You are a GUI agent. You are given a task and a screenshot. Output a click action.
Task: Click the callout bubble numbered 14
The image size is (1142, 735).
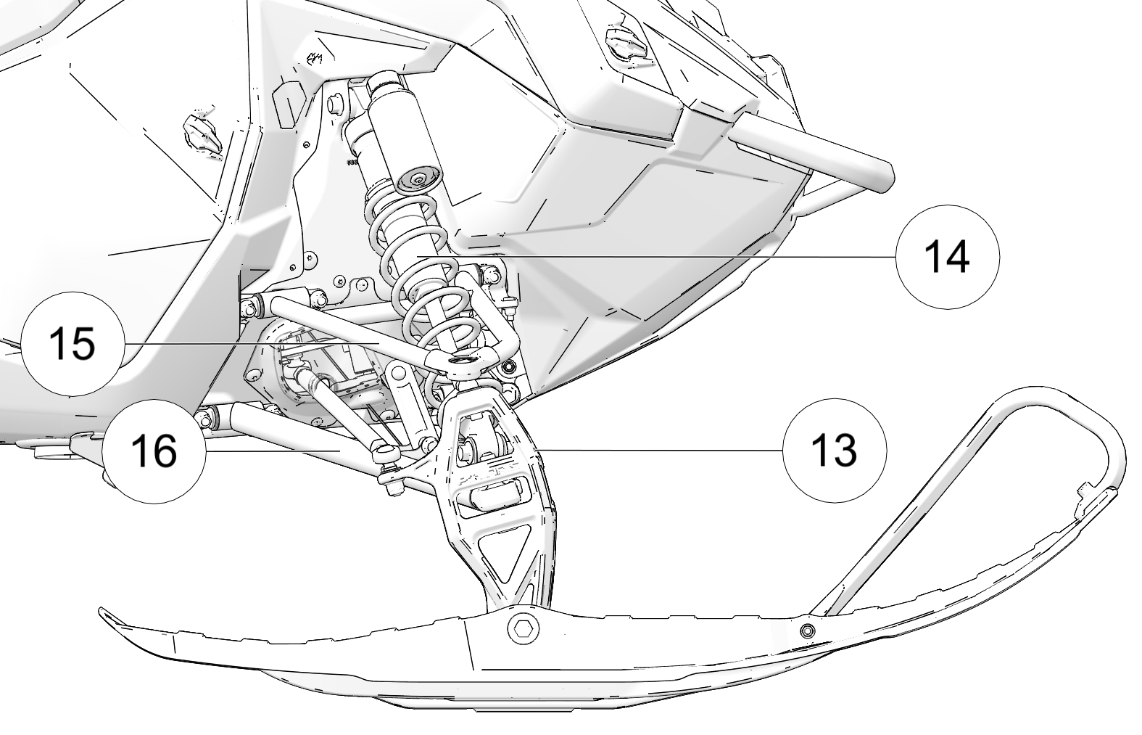pos(947,257)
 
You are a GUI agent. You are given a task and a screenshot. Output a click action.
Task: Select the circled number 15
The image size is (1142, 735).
pos(73,343)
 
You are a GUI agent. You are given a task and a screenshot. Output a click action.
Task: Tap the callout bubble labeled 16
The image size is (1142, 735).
pos(154,451)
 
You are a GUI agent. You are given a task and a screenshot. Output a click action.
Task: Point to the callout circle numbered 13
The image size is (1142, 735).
pos(835,450)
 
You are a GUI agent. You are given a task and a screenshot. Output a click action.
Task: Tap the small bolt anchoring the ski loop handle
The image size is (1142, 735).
pos(806,629)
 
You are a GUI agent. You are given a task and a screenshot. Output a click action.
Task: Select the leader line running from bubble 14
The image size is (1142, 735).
pos(653,257)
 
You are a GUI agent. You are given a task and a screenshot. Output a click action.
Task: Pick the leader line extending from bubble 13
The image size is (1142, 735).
pos(660,450)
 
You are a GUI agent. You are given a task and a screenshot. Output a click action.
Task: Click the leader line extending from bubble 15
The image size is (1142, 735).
pos(247,342)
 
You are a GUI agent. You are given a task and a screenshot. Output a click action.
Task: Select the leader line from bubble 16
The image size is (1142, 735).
pos(276,451)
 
